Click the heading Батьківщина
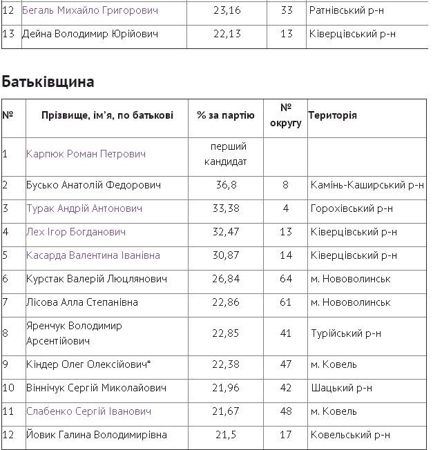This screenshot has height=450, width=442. (48, 82)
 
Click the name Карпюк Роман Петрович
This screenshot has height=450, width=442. (86, 154)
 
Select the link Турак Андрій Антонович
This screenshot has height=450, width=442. (84, 208)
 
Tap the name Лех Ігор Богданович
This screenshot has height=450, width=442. (76, 232)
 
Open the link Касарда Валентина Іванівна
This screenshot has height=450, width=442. (93, 255)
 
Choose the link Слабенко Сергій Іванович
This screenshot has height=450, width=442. (88, 411)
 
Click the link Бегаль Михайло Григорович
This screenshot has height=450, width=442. (90, 11)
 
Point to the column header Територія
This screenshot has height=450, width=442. (333, 115)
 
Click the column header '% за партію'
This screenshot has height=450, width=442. (225, 115)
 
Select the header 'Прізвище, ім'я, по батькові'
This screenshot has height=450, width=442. (107, 115)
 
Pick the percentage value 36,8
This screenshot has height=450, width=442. (225, 185)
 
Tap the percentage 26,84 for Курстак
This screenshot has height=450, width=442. (225, 279)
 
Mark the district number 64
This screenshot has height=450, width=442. (285, 279)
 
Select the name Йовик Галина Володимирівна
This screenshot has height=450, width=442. (97, 435)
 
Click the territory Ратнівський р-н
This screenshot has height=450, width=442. (347, 11)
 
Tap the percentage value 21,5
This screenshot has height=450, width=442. (225, 435)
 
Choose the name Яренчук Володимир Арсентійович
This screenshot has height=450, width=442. (74, 333)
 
